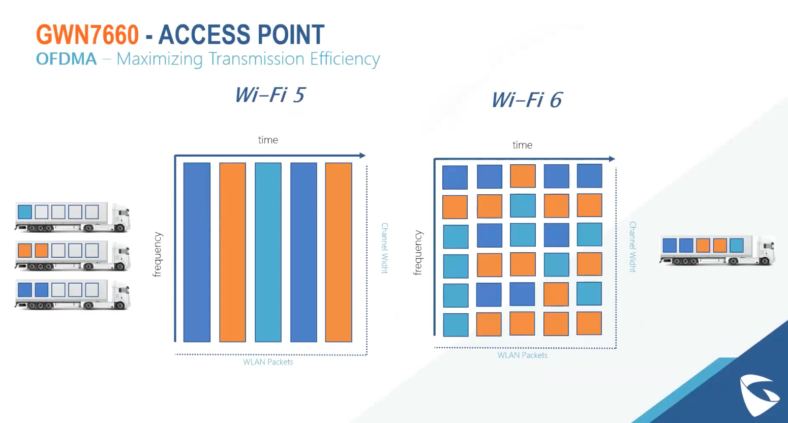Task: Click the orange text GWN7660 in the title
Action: (x=87, y=35)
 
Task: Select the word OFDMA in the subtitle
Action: (x=66, y=59)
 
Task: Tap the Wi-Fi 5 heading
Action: (x=269, y=95)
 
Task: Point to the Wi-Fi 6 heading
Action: (x=527, y=100)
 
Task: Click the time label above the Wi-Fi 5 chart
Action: (x=268, y=140)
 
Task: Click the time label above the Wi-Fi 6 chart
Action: (x=522, y=145)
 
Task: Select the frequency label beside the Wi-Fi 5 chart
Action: (x=158, y=254)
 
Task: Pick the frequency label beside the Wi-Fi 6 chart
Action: (x=418, y=253)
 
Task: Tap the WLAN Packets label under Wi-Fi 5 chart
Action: (x=268, y=362)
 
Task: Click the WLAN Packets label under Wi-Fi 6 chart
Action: (x=522, y=355)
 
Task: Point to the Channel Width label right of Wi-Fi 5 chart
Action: (x=385, y=248)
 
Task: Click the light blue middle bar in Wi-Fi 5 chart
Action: (x=268, y=252)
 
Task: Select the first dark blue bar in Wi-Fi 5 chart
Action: (x=197, y=252)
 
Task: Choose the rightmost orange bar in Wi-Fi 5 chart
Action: (x=339, y=252)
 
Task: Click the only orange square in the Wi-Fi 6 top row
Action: (x=523, y=176)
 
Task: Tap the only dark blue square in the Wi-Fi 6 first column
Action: (x=454, y=177)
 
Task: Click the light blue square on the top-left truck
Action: (x=25, y=211)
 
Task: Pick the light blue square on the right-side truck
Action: (x=737, y=245)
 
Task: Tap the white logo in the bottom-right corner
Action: (x=759, y=395)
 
